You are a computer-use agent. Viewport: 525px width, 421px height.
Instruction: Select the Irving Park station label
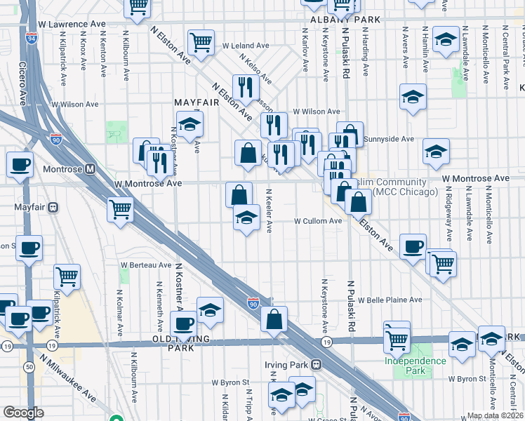coord(293,365)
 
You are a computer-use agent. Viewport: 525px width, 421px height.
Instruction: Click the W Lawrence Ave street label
coord(72,24)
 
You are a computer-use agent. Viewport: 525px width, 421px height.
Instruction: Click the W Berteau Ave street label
coord(146,265)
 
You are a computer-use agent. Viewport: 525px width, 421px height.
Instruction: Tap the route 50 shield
coord(29,367)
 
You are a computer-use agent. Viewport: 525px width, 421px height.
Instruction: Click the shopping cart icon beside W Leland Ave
coord(201,42)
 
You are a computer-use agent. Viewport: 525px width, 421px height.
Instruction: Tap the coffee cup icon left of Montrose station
coord(20,166)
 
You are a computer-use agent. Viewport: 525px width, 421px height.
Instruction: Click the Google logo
coord(24,413)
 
